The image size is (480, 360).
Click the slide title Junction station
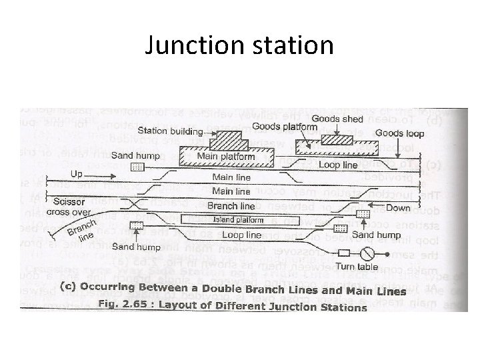coord(239,45)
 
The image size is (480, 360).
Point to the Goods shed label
coord(342,119)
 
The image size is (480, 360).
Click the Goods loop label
coord(398,133)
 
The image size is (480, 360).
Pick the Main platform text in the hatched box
coord(226,157)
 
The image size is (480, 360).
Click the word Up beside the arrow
coord(77,173)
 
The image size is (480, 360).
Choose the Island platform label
coord(238,220)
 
